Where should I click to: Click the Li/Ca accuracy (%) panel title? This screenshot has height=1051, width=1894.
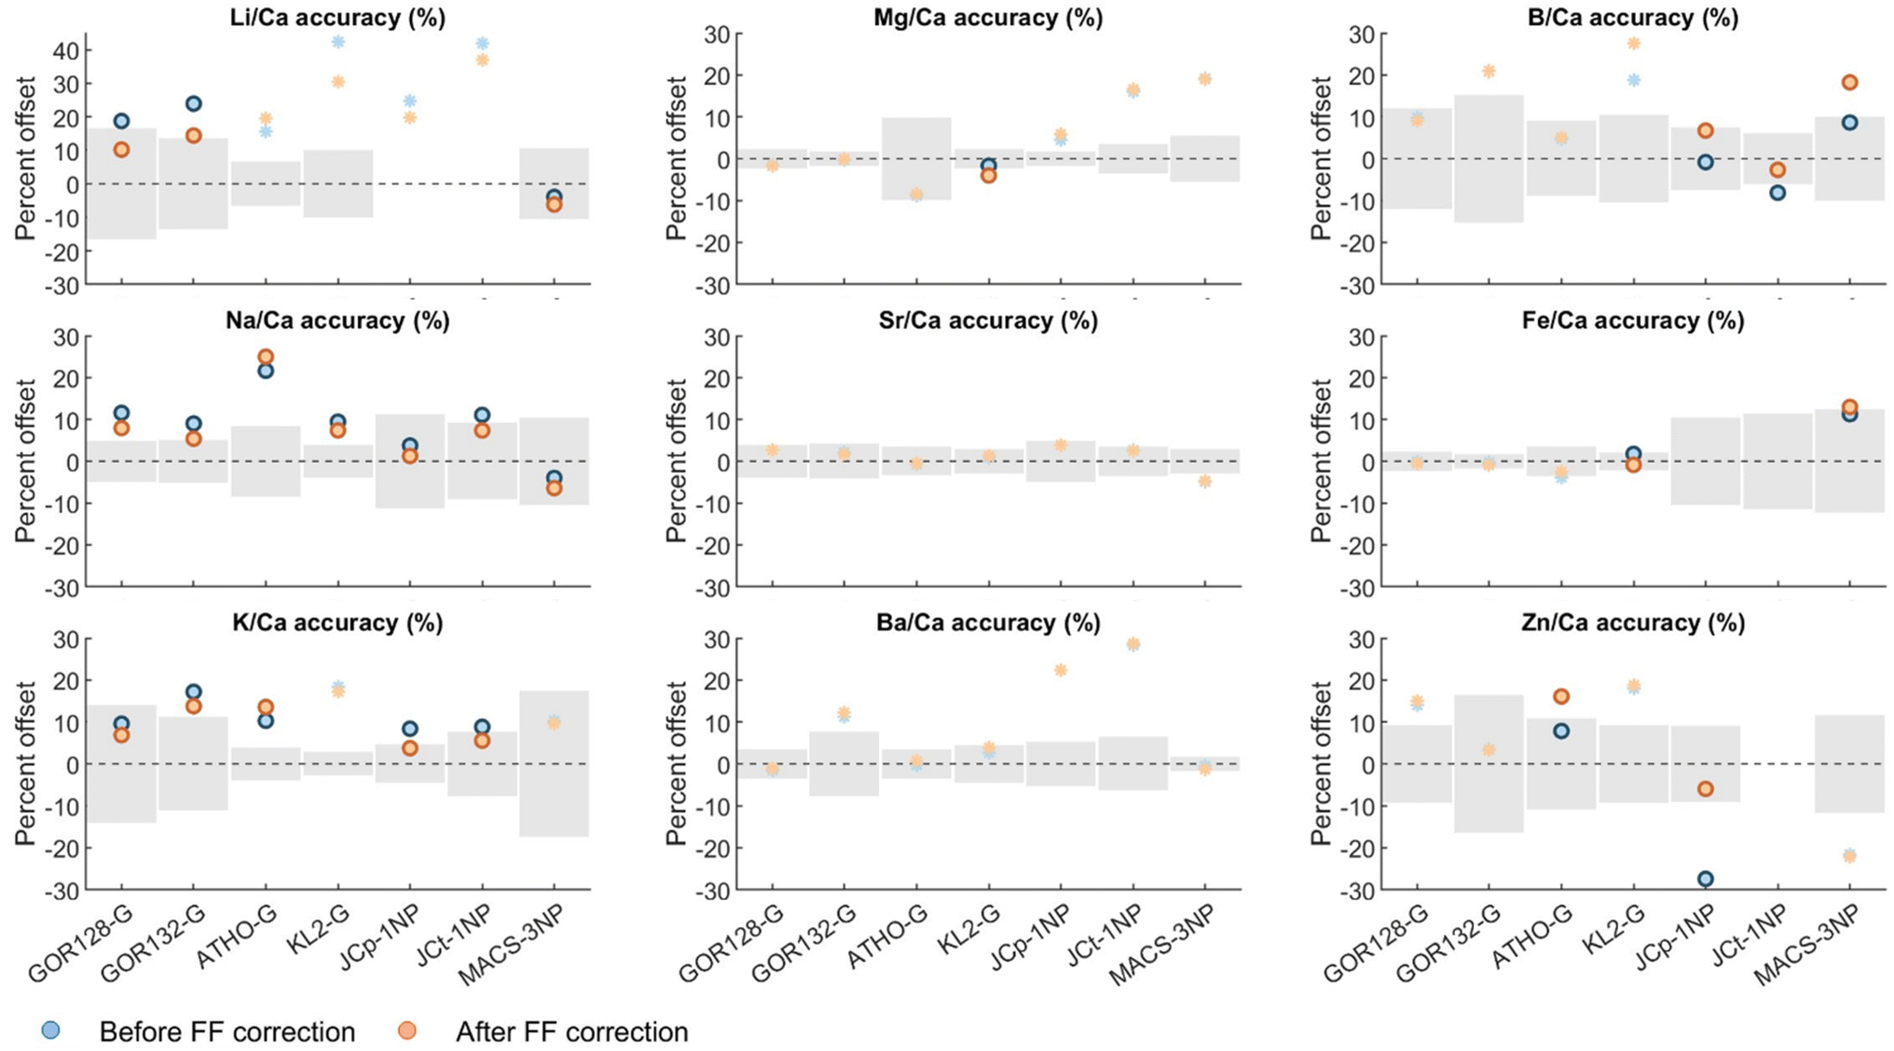(337, 18)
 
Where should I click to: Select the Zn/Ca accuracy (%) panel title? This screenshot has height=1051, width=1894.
(1632, 622)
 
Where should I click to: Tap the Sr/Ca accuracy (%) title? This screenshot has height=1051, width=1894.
(987, 321)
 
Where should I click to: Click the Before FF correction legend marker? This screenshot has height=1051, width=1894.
(51, 1031)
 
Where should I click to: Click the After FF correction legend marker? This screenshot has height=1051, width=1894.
(407, 1031)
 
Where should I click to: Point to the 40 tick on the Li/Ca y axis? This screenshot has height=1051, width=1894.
(67, 50)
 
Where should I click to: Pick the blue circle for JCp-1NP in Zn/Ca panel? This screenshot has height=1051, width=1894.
(1705, 879)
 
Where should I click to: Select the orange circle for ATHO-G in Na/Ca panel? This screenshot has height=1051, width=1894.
(266, 357)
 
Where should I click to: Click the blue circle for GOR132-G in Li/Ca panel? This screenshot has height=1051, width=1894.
(193, 103)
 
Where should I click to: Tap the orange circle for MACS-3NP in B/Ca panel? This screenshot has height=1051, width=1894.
(1849, 82)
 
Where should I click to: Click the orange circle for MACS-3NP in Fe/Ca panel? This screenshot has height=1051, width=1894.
(1849, 407)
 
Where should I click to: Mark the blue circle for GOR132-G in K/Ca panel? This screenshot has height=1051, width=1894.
(193, 691)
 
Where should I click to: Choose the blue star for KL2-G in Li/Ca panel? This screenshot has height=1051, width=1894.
(338, 42)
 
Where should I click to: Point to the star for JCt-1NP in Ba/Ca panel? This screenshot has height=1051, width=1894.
(1132, 644)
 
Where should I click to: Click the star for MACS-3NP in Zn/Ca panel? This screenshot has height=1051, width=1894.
(1849, 855)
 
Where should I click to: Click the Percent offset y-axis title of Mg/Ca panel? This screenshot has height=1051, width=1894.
(676, 158)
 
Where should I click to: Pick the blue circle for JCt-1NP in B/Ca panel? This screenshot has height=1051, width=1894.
(1777, 193)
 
